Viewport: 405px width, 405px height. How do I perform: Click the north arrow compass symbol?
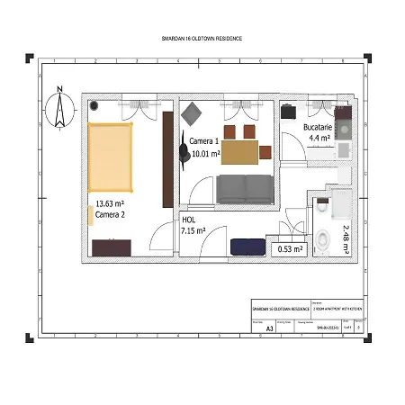[60, 107]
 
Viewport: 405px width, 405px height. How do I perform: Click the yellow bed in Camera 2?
[110, 158]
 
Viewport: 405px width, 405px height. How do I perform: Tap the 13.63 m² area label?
[111, 204]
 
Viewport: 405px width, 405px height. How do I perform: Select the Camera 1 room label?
[203, 142]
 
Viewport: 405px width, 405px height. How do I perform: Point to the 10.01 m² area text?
[206, 154]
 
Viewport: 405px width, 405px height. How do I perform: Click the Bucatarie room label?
[319, 129]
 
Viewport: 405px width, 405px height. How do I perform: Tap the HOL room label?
[188, 220]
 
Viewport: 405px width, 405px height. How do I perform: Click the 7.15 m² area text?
[193, 231]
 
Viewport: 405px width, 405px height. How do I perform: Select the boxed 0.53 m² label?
[290, 249]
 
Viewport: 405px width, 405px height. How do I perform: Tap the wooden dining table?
[239, 152]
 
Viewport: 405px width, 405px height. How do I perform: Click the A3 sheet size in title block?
[269, 328]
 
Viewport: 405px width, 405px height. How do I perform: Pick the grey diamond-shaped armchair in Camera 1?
[193, 114]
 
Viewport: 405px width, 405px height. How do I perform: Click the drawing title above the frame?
[202, 39]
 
